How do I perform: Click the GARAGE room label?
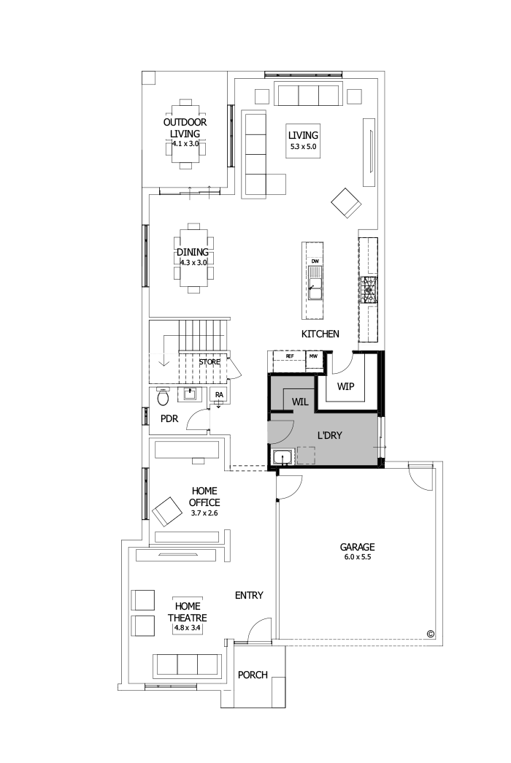pos(357,546)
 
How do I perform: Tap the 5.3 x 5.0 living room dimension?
pos(303,147)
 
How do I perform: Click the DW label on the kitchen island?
pos(315,261)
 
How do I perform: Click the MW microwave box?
pos(313,356)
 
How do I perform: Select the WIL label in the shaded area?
pos(301,402)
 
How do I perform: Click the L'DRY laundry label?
pos(330,435)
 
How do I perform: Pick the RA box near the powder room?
pos(218,395)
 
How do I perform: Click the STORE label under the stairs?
pos(210,361)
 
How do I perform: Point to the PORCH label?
pos(253,675)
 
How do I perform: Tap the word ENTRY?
pos(249,596)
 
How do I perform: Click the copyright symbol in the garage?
pos(430,634)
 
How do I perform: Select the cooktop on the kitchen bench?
pos(369,290)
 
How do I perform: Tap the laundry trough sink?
pos(283,458)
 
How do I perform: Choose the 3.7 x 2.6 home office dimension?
pos(204,513)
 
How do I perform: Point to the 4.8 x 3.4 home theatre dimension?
pos(187,627)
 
